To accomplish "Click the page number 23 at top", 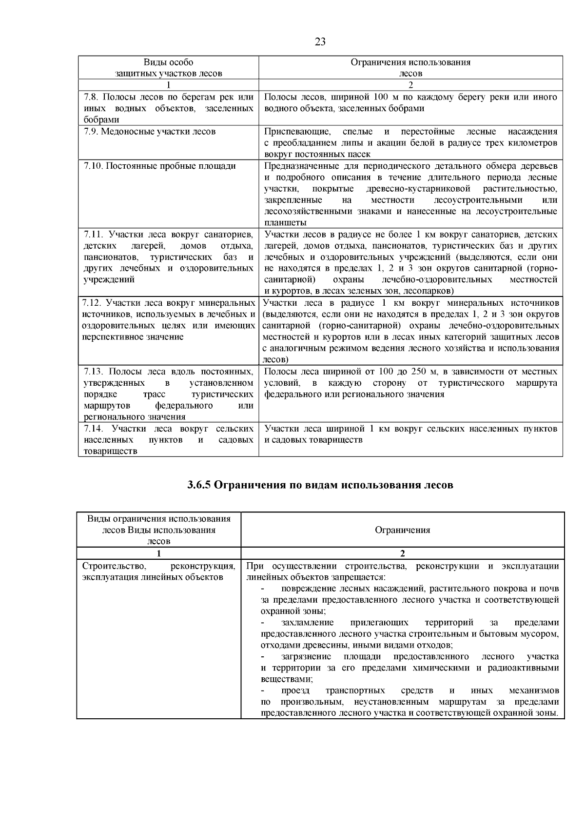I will click(320, 41).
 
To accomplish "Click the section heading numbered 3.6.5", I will click(320, 485).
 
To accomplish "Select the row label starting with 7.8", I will click(168, 108).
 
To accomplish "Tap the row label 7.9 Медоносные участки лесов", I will click(150, 131).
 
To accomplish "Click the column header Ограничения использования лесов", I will click(410, 68).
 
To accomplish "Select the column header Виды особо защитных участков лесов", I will click(168, 68).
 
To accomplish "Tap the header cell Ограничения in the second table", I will click(402, 530).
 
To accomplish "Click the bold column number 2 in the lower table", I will click(402, 553).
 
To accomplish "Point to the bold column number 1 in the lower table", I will click(159, 553).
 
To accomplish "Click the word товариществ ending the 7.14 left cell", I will click(110, 451).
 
